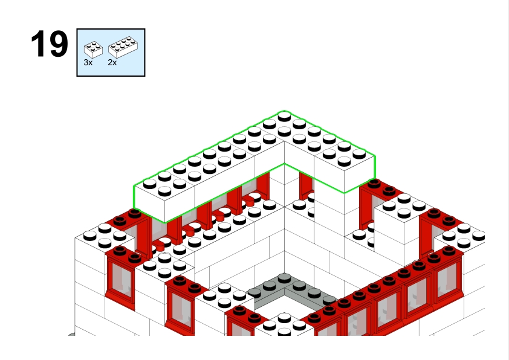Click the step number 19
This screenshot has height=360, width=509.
tap(50, 43)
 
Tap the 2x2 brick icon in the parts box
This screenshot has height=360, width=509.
tap(93, 50)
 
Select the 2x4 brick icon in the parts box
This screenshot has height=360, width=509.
tap(123, 47)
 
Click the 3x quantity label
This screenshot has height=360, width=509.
tap(88, 63)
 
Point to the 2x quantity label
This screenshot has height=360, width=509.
tap(112, 63)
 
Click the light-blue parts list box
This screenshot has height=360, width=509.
tap(111, 53)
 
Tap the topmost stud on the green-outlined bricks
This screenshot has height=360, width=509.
tap(284, 116)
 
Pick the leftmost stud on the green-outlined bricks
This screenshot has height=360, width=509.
tap(150, 184)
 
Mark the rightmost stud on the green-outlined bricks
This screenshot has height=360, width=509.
tap(359, 153)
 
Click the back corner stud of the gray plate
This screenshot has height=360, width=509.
tap(284, 278)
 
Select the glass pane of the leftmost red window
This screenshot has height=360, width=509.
tap(122, 280)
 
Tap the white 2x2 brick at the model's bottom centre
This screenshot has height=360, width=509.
tap(284, 324)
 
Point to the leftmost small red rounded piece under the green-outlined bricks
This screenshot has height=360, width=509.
tap(159, 245)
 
